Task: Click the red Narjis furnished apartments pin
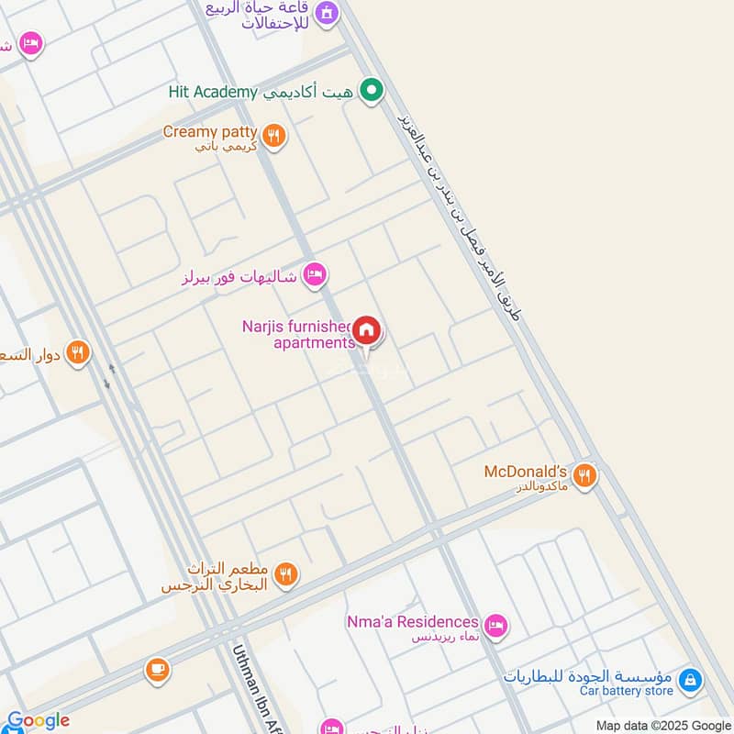coord(367,331)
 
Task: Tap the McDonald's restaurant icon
coord(584,475)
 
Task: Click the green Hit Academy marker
coord(371,90)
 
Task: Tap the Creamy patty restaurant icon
coord(272,137)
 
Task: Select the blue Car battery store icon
coord(691,681)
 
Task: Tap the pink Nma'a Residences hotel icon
coord(496,626)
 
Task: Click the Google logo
coord(38,721)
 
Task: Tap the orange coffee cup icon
coord(158,671)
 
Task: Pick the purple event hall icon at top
coord(326,13)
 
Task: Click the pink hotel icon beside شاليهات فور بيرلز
coord(315,273)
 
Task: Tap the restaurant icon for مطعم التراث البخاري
coord(286,574)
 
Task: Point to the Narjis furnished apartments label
coord(298,334)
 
